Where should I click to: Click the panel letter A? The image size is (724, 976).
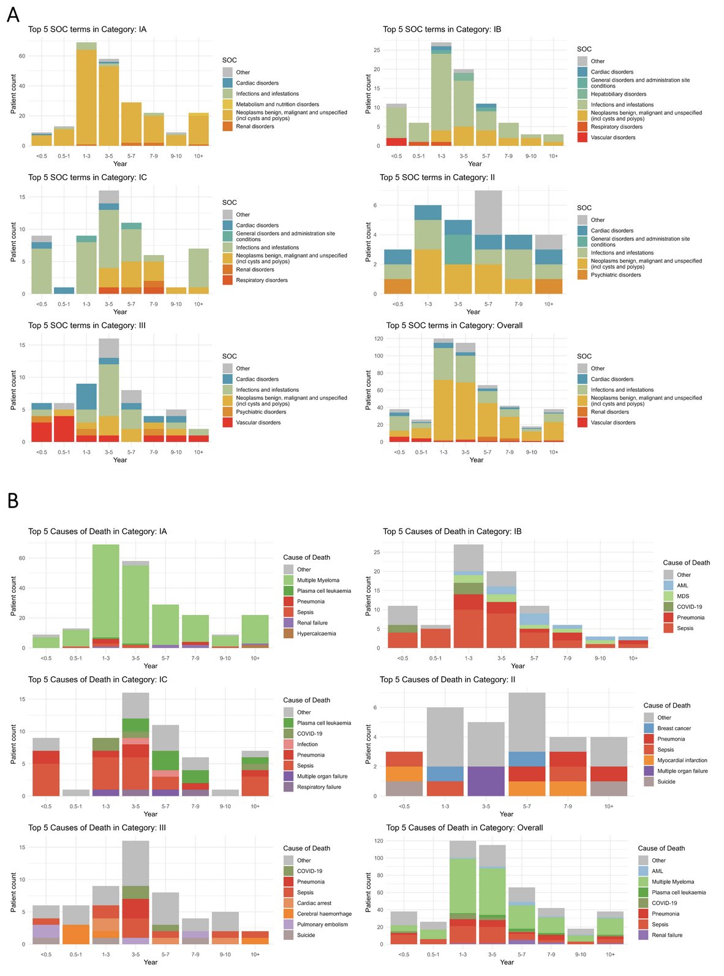13,14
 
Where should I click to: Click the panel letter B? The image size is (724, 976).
13,500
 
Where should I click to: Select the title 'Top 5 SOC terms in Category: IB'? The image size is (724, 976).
442,29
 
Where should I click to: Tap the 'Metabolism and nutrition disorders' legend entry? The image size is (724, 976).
277,104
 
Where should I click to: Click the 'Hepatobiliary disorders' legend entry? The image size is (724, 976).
618,94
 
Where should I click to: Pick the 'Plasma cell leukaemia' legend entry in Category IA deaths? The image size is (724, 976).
324,591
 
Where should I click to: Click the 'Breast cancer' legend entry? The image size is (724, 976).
674,728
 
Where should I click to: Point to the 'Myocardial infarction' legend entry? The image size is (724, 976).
682,760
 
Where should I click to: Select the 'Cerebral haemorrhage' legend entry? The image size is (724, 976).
324,913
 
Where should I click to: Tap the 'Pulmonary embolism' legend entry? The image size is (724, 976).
322,925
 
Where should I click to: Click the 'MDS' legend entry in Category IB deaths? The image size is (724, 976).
682,596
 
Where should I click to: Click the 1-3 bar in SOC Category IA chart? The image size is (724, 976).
86,95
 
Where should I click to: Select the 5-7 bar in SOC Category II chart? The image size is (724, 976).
488,242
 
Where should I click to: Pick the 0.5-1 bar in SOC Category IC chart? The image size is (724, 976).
64,291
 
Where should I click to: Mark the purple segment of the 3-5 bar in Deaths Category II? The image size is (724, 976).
486,781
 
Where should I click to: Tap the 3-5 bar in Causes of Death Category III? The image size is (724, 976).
135,892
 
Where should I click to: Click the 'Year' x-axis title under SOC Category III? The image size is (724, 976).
120,460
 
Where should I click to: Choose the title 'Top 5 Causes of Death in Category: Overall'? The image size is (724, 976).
464,828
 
